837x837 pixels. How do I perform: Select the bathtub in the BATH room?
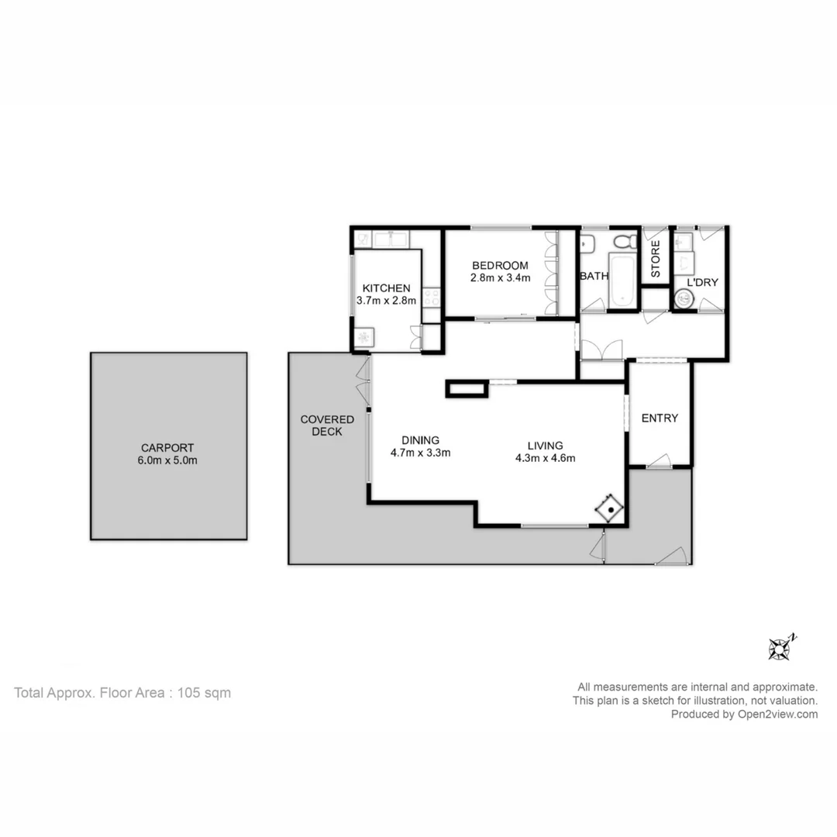click(x=622, y=279)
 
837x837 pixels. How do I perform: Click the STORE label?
click(x=656, y=260)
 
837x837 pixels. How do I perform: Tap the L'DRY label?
click(x=702, y=283)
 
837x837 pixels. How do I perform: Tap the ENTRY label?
click(x=660, y=418)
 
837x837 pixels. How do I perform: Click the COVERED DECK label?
click(x=327, y=425)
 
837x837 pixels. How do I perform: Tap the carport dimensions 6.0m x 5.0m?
click(x=168, y=460)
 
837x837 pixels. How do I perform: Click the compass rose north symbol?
click(x=780, y=648)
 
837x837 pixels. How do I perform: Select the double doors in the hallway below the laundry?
click(x=602, y=350)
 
